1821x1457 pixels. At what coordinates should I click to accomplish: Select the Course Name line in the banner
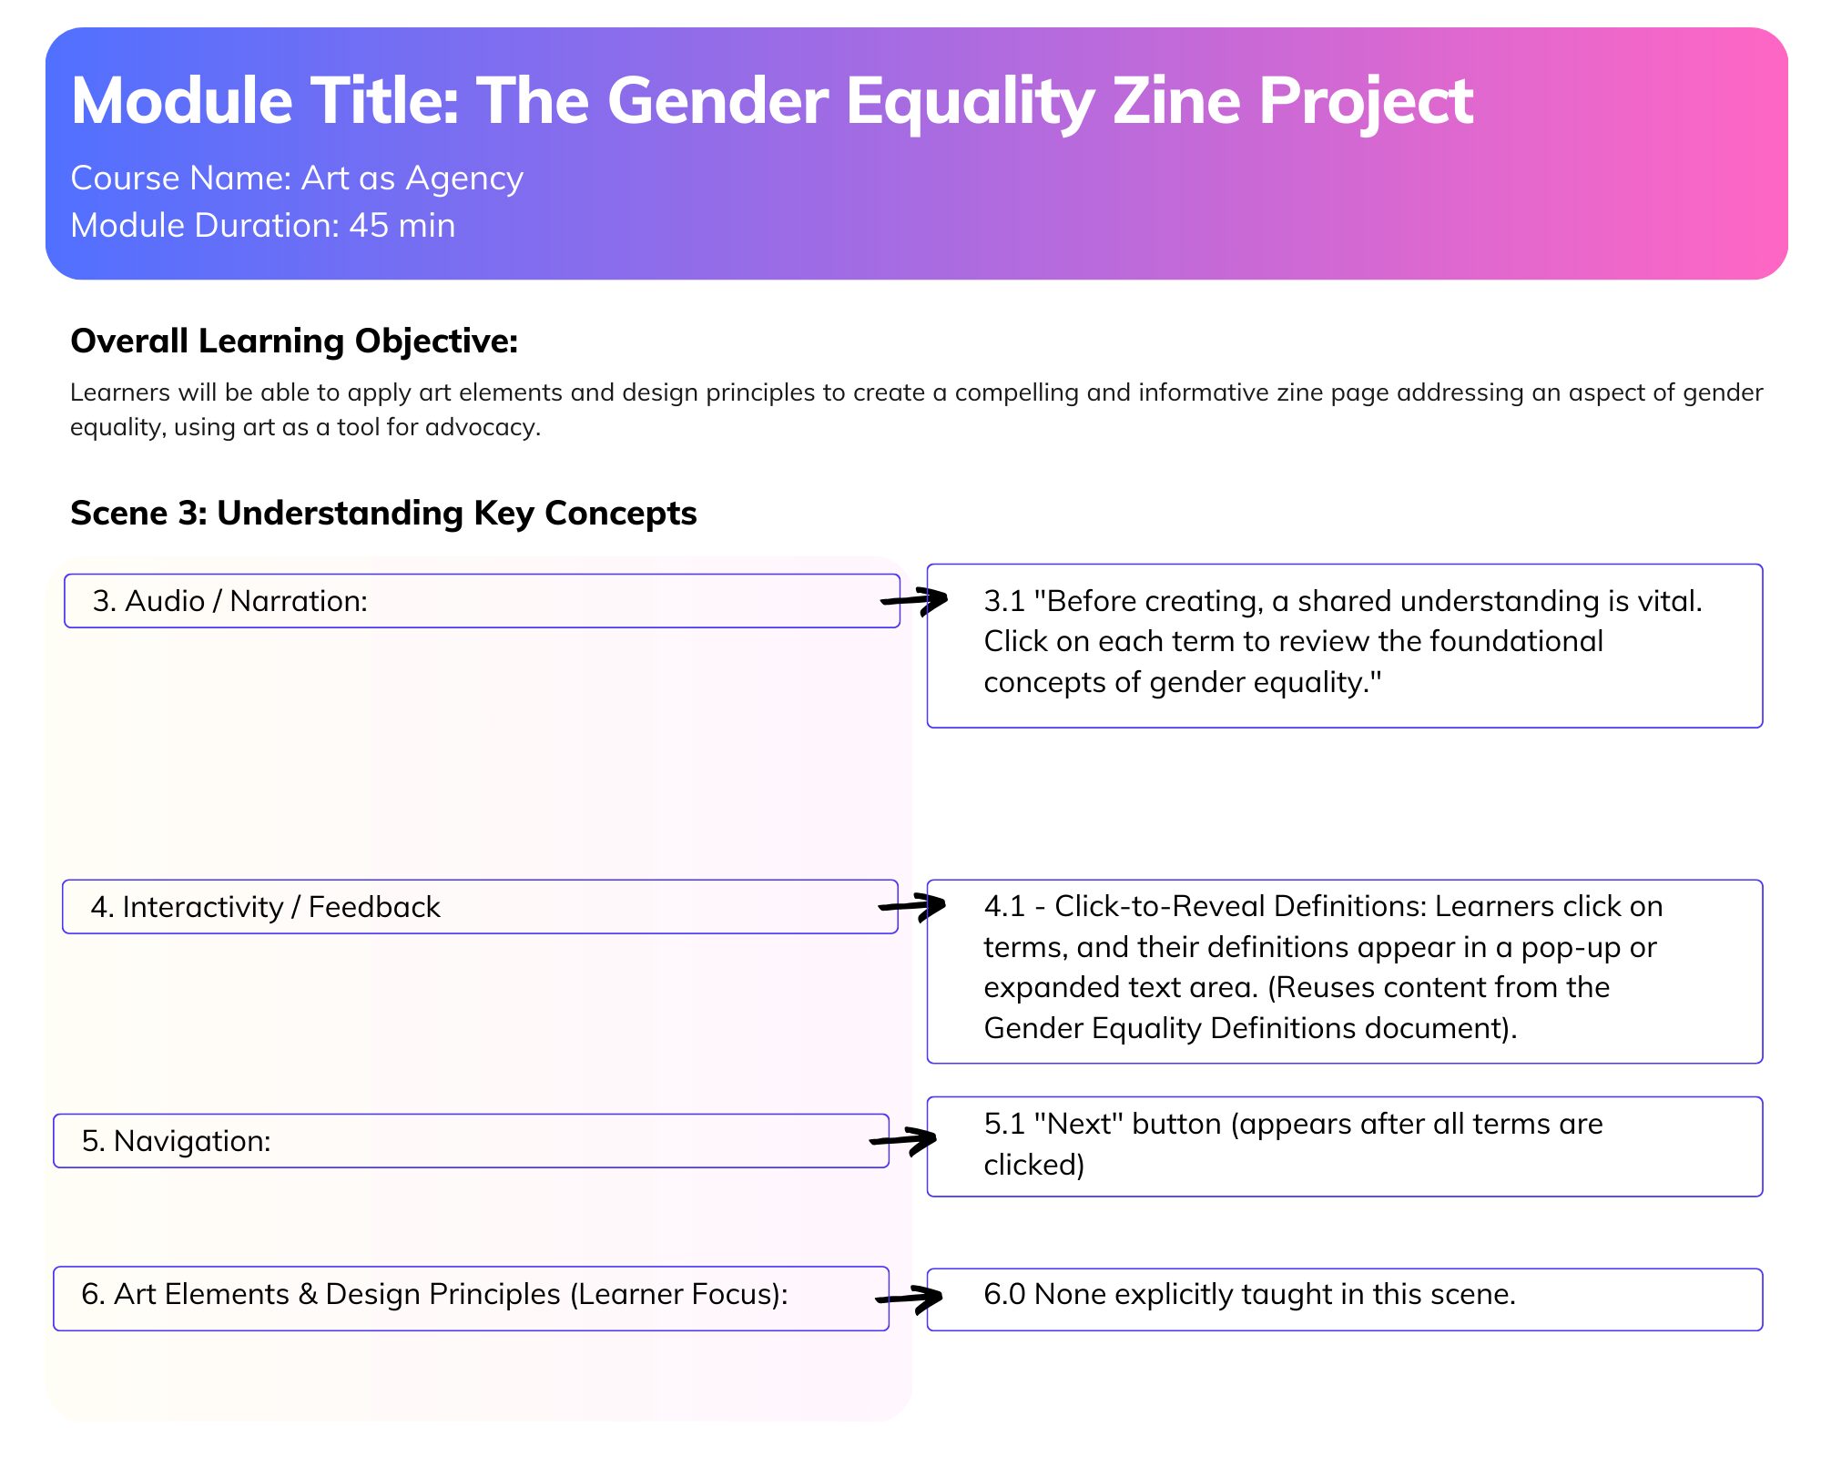point(297,178)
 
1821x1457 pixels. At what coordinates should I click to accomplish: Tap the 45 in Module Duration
point(369,226)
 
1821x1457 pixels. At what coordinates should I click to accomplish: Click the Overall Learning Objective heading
point(294,341)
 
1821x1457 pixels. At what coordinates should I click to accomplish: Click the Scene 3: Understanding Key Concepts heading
point(383,514)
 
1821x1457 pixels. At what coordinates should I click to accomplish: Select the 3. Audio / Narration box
point(482,601)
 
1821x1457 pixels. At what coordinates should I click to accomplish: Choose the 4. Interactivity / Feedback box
point(480,907)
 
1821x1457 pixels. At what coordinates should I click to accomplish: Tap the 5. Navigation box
point(471,1141)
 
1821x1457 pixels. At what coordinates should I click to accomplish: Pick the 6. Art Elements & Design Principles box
point(471,1299)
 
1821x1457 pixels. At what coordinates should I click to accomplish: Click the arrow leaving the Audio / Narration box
point(914,600)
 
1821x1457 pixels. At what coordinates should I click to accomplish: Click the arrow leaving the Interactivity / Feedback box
point(912,906)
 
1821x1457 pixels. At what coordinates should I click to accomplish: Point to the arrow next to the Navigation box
point(903,1140)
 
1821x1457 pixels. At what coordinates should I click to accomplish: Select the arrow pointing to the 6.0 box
point(909,1298)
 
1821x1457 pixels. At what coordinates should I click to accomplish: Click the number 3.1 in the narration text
point(1004,602)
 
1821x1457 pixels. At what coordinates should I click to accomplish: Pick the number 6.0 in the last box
point(1005,1295)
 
